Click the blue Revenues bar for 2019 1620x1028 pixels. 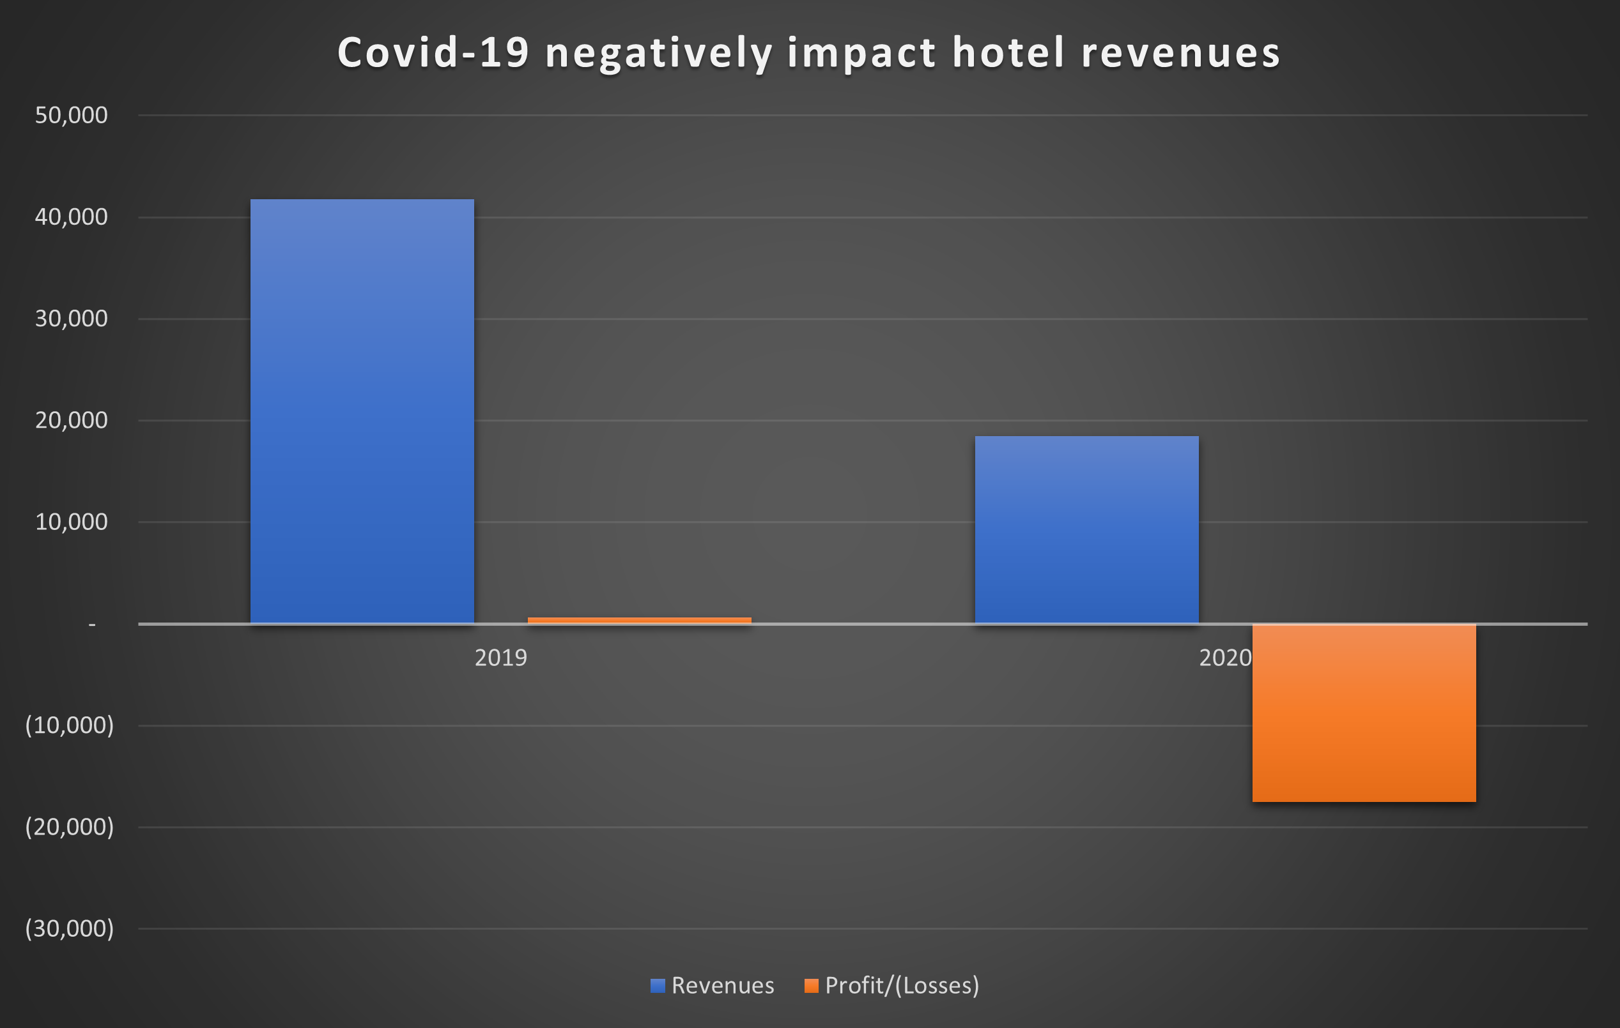tap(362, 411)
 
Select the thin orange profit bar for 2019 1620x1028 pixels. tap(639, 620)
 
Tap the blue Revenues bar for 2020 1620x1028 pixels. tap(1086, 530)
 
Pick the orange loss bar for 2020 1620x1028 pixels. tap(1364, 713)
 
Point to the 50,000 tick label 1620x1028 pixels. tap(71, 115)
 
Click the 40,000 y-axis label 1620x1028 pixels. tap(71, 216)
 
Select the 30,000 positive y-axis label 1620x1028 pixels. tap(71, 318)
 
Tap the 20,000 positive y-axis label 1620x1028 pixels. tap(71, 420)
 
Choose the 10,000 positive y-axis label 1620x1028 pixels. tap(71, 522)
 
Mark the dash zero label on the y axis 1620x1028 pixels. tap(92, 625)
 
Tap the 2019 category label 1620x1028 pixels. tap(500, 658)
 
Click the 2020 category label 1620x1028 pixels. tap(1224, 658)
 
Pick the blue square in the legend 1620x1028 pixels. tap(658, 986)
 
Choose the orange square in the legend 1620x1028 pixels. tap(812, 986)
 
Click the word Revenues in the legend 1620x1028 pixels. tap(723, 986)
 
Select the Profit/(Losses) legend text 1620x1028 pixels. tap(902, 986)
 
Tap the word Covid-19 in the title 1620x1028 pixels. tap(433, 52)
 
